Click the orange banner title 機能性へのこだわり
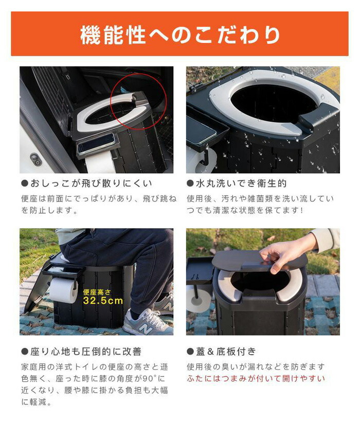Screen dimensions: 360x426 click(180, 35)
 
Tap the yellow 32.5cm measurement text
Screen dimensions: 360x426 click(103, 301)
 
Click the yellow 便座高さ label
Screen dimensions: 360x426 click(97, 292)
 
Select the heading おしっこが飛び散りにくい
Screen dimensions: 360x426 click(91, 183)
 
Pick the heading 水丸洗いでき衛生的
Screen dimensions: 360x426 click(241, 183)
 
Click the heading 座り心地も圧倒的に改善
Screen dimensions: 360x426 click(86, 351)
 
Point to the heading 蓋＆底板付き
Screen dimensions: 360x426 click(226, 351)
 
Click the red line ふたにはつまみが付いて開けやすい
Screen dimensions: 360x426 click(256, 378)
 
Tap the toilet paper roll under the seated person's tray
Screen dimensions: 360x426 click(64, 290)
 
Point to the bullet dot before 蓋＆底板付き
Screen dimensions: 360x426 click(190, 351)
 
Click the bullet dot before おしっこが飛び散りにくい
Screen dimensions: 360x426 click(25, 183)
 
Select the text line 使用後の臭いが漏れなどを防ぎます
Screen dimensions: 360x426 click(256, 367)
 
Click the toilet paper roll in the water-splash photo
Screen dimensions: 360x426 click(200, 161)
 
